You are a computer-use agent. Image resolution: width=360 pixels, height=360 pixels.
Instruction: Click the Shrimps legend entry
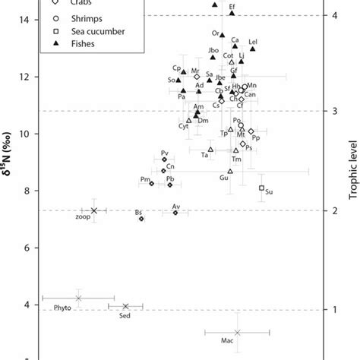[x=79, y=17]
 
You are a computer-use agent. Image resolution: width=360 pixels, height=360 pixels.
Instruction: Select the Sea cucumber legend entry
[x=85, y=31]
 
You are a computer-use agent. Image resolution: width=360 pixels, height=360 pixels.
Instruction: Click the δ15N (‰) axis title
[x=11, y=178]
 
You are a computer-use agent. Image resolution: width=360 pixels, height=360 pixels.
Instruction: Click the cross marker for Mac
[x=238, y=332]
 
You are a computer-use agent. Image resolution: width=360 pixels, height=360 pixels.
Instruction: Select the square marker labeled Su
[x=262, y=188]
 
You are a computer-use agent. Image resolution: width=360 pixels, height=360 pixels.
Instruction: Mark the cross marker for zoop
[x=94, y=210]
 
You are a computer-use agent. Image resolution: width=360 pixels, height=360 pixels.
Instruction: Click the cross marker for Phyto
[x=78, y=298]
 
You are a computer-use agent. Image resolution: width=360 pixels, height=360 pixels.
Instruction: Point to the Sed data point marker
[x=126, y=306]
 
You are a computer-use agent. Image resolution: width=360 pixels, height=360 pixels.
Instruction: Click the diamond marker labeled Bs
[x=141, y=218]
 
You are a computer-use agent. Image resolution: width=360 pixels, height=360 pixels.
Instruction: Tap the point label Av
[x=175, y=207]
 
